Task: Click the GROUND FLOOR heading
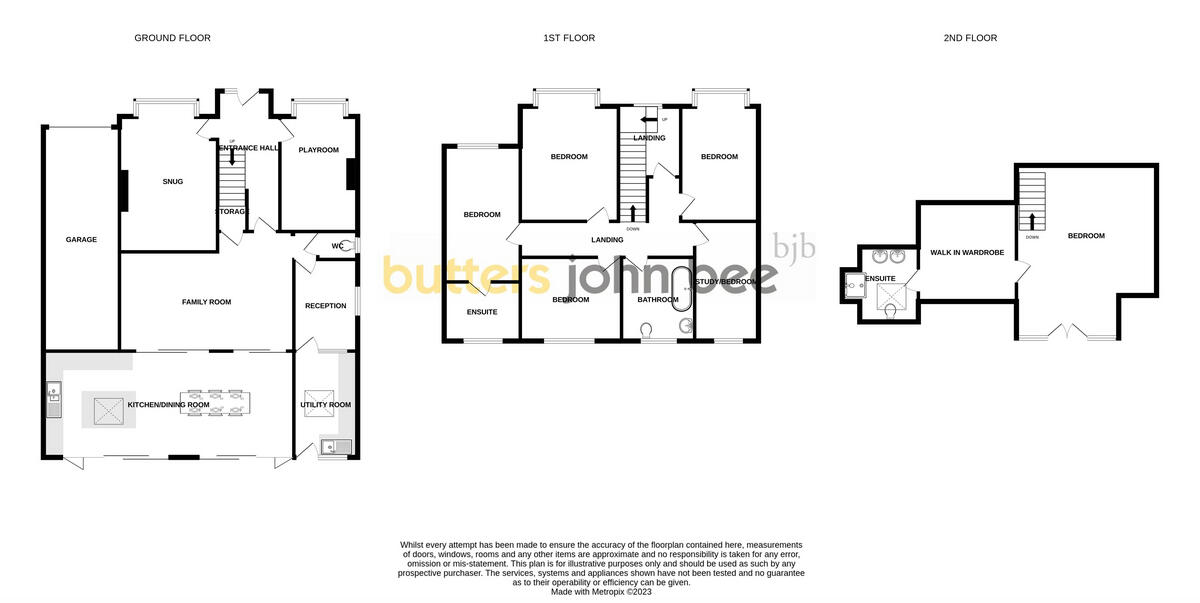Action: click(x=172, y=38)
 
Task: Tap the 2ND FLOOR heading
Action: click(x=970, y=38)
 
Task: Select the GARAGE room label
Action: click(x=81, y=240)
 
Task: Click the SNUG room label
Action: click(x=172, y=181)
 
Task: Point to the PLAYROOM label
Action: click(x=318, y=150)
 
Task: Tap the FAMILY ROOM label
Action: click(x=206, y=302)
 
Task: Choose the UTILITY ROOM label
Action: click(x=326, y=405)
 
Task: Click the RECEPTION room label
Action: click(x=325, y=306)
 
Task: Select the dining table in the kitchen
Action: click(x=216, y=403)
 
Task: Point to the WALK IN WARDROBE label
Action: click(x=967, y=253)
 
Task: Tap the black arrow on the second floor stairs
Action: click(x=1031, y=219)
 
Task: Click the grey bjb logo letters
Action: click(x=795, y=246)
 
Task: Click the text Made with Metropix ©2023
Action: click(x=601, y=591)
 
